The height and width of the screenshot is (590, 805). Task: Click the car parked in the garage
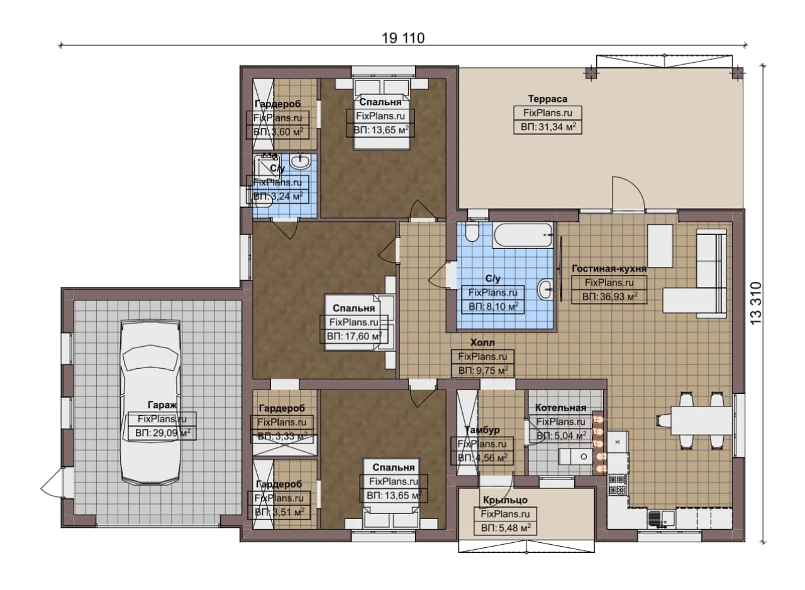click(150, 403)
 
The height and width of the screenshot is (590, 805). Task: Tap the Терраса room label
click(547, 99)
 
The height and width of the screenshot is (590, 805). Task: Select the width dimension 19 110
click(403, 38)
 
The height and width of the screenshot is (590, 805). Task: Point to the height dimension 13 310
click(756, 303)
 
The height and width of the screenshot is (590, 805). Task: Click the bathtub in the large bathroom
click(523, 235)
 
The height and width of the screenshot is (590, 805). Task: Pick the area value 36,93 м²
click(609, 297)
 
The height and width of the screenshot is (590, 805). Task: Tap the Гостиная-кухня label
click(609, 268)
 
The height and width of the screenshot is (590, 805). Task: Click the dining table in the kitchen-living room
click(701, 420)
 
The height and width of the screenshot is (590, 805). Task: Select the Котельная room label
click(560, 408)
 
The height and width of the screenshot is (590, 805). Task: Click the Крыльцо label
click(505, 500)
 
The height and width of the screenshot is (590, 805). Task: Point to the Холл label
click(482, 342)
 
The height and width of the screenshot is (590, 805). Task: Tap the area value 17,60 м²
click(354, 337)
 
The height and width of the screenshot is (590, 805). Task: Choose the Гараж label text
click(162, 405)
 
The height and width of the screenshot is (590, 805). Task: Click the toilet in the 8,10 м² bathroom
click(472, 232)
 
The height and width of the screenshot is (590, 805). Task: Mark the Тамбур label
click(482, 430)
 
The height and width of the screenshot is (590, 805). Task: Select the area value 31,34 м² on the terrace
click(548, 127)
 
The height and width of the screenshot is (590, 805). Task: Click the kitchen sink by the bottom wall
click(662, 518)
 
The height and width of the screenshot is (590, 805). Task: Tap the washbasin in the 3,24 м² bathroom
click(300, 161)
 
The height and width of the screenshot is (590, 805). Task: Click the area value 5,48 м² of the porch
click(506, 528)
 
